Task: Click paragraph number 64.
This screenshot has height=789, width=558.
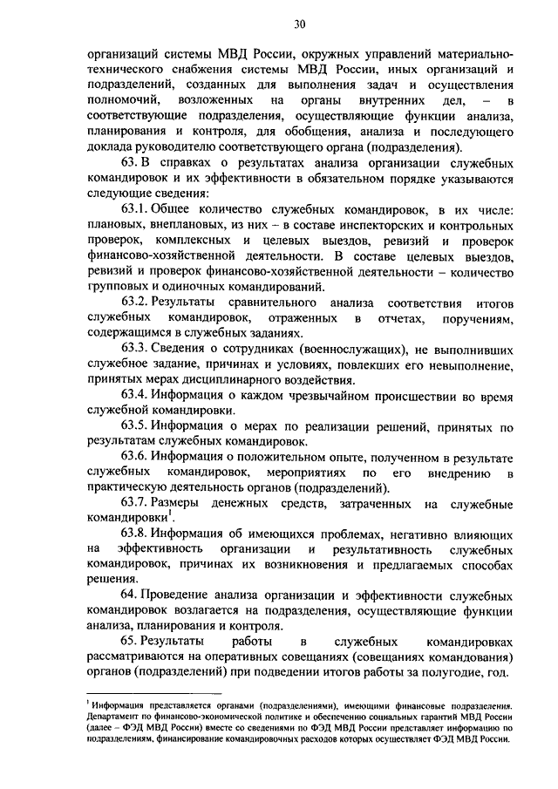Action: [128, 595]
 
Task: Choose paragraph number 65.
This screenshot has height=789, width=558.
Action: [128, 641]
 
